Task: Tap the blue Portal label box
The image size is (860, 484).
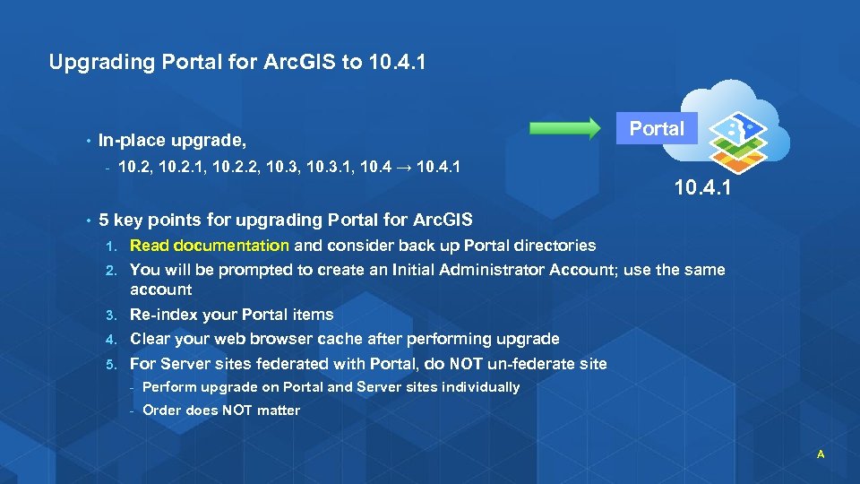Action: click(x=657, y=128)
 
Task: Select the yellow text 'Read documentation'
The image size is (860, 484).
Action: click(x=209, y=245)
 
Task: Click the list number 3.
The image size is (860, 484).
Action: click(x=110, y=315)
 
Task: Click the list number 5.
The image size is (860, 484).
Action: click(x=110, y=364)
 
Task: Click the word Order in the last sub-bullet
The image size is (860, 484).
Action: click(x=162, y=411)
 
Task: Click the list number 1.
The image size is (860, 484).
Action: click(x=110, y=246)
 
